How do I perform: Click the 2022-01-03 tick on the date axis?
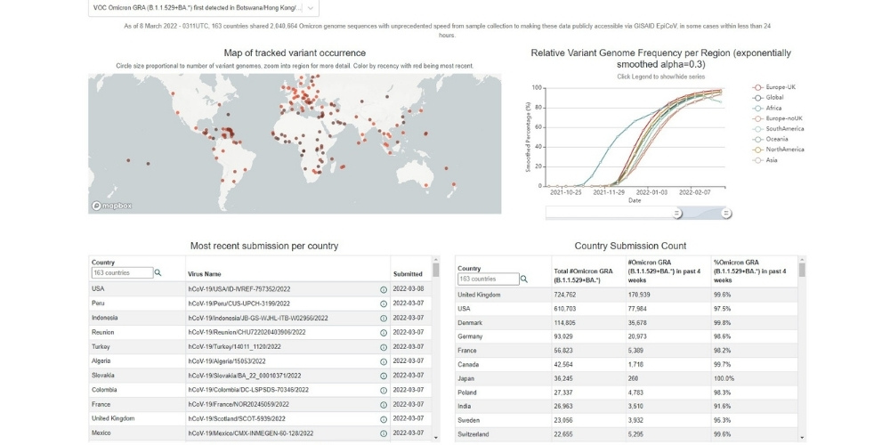click(653, 191)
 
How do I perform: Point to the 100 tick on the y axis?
click(536, 87)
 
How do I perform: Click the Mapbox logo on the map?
click(113, 206)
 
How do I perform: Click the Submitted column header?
click(408, 273)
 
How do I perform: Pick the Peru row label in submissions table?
click(99, 303)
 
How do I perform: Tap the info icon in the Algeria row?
click(383, 360)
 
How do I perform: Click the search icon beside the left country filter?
click(158, 273)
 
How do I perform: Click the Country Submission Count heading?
click(630, 245)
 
